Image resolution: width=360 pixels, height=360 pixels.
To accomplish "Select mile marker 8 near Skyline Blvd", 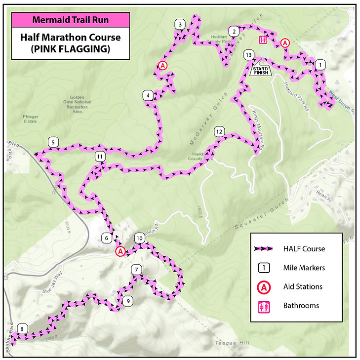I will click(x=21, y=329).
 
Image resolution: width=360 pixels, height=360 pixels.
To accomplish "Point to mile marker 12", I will click(x=219, y=132).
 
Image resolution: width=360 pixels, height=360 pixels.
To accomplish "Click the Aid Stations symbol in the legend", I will click(x=265, y=287).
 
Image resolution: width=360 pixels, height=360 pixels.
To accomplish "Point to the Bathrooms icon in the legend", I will click(x=265, y=306).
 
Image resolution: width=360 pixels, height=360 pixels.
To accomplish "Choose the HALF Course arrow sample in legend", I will click(x=265, y=249).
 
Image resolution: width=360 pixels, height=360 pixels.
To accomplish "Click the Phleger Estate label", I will click(x=30, y=119).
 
